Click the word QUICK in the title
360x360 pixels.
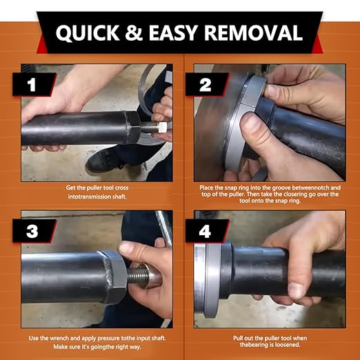[88, 32]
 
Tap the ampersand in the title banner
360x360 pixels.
[134, 32]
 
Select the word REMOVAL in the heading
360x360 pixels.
[253, 32]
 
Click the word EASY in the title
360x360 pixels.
[173, 32]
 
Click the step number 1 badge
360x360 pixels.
[34, 84]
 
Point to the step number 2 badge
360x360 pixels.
[206, 84]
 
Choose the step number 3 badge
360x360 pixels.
[34, 231]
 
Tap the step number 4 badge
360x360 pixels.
[206, 231]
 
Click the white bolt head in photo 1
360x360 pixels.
[163, 127]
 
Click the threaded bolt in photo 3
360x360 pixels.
[138, 275]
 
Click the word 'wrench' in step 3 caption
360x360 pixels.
[59, 338]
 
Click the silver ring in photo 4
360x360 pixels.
[212, 280]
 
